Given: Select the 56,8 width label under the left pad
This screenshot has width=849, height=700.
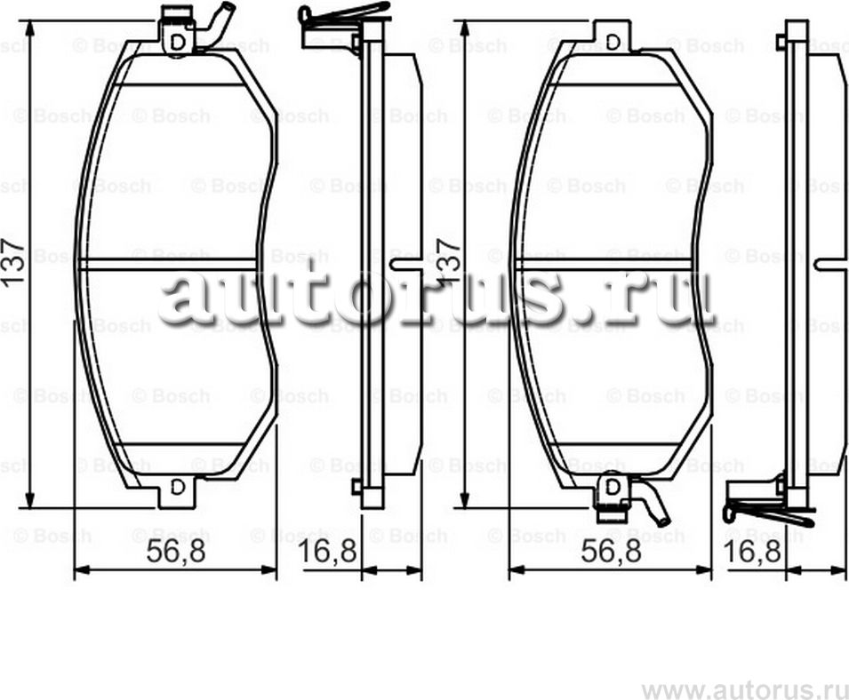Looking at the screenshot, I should [x=175, y=552].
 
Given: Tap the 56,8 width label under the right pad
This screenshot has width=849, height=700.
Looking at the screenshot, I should [x=611, y=552].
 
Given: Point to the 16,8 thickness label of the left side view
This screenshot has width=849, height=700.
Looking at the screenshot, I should [x=327, y=552].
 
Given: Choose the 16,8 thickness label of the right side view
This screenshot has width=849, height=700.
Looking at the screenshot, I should [x=752, y=552].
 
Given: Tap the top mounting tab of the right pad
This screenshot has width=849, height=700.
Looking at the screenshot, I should [x=613, y=37].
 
